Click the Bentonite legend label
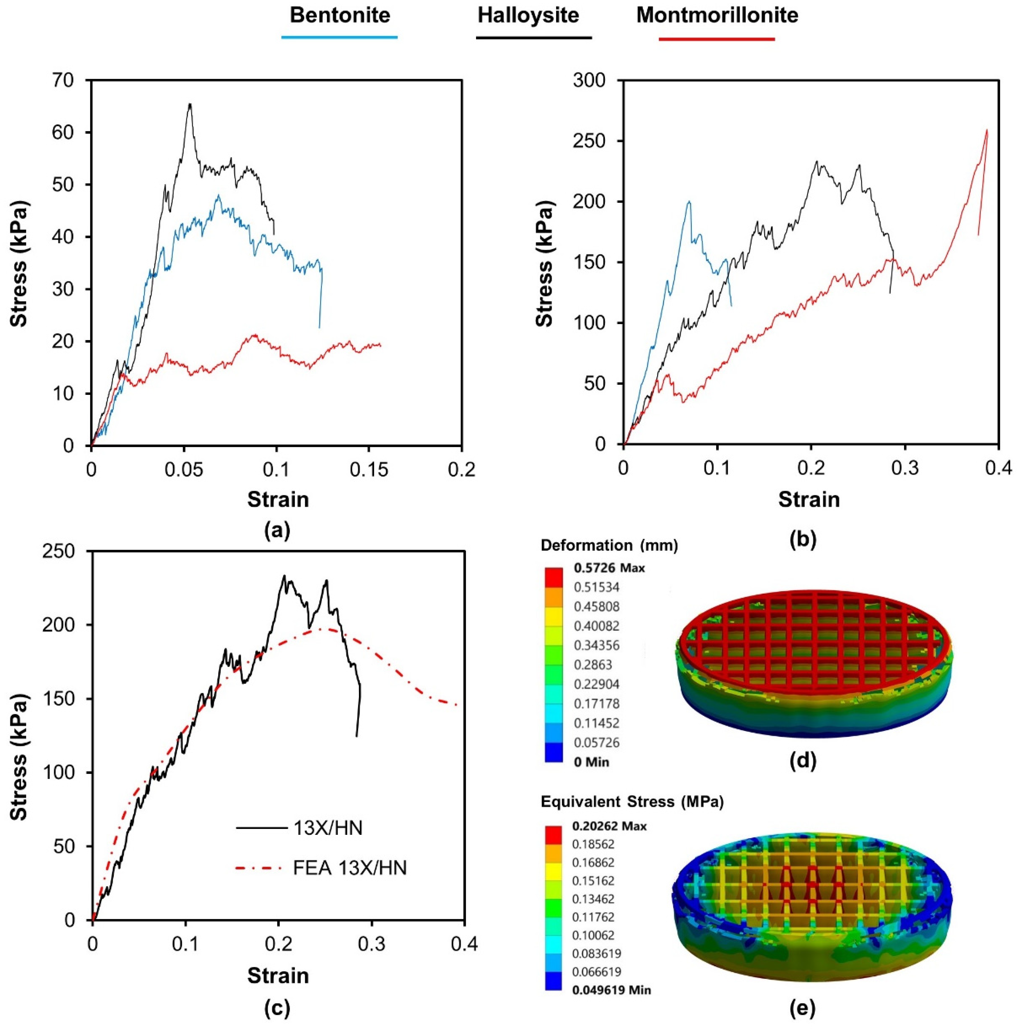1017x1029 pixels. pos(340,15)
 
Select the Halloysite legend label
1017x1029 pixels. pos(528,15)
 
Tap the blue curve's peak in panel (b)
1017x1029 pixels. pos(689,201)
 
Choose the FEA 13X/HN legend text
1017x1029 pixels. pos(350,868)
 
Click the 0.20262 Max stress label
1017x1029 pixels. pos(609,826)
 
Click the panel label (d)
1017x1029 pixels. pos(803,761)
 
